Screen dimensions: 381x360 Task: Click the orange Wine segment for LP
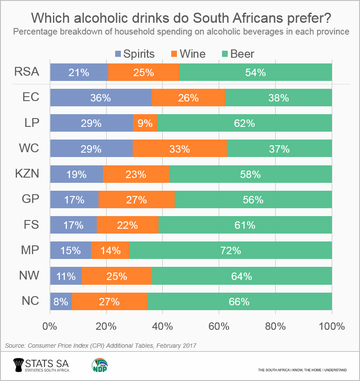(x=145, y=123)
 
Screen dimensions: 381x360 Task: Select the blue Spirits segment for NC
(x=60, y=301)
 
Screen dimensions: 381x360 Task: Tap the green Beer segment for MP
(x=230, y=251)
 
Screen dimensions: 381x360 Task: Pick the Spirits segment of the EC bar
(x=100, y=98)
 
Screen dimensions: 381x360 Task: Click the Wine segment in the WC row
(x=180, y=149)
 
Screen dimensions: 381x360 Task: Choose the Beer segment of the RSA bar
(x=255, y=73)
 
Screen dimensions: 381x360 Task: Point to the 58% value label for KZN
(x=250, y=175)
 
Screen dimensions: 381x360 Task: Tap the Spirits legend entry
(x=134, y=54)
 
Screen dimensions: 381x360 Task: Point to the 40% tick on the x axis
(x=162, y=326)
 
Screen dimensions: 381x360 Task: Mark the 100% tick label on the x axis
(x=332, y=326)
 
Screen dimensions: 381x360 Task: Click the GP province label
(x=31, y=199)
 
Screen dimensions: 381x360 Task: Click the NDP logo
(x=100, y=365)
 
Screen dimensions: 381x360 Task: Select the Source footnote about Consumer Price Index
(x=100, y=346)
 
